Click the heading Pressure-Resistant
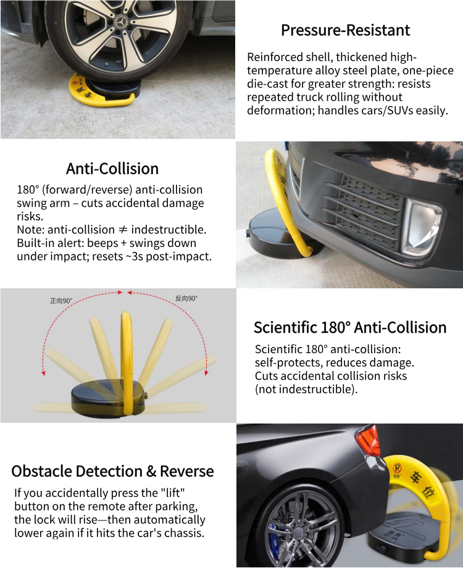[345, 30]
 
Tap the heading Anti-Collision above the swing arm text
[112, 169]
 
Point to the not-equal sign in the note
[123, 230]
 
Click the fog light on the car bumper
[422, 228]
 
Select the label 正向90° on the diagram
[61, 301]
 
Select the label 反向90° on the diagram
[186, 298]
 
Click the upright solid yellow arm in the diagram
[127, 362]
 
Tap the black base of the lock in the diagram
[108, 398]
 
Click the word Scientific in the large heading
[285, 327]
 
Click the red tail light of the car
[369, 440]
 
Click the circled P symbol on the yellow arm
[398, 469]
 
